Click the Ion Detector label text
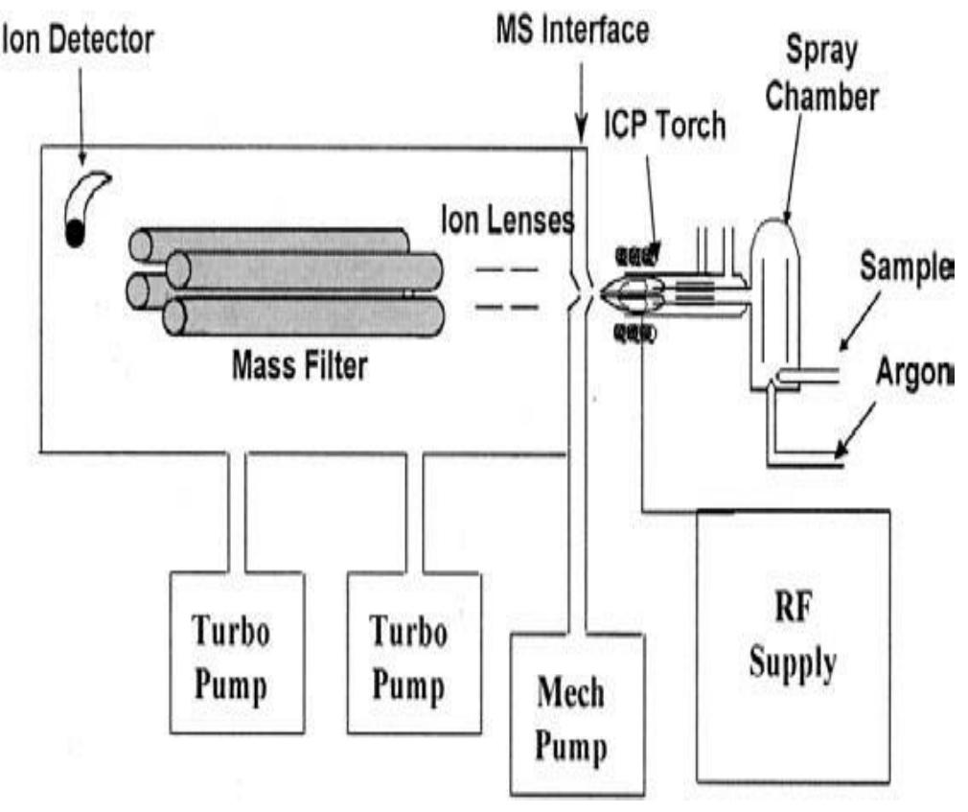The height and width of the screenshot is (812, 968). [77, 39]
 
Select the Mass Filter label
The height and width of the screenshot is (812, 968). [298, 365]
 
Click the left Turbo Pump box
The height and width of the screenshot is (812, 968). [236, 652]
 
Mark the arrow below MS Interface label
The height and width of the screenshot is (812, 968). [581, 105]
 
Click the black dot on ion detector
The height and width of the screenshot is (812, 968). [74, 232]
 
